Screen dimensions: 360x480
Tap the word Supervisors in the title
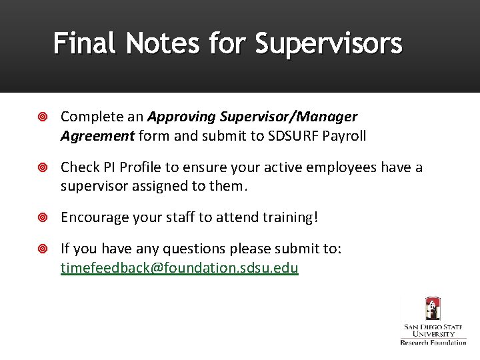[329, 44]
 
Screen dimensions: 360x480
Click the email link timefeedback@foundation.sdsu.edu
[179, 268]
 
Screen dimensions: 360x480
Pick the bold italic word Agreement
[97, 136]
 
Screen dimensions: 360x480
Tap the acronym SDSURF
[290, 136]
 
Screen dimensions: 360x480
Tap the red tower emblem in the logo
[433, 309]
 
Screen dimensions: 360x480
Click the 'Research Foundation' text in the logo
[433, 342]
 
